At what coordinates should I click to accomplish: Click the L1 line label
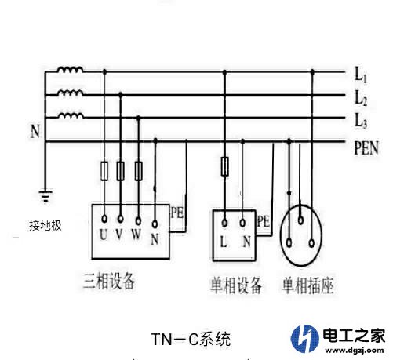tap(361, 75)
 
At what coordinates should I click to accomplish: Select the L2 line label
tap(361, 98)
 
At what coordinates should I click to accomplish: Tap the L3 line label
tap(361, 121)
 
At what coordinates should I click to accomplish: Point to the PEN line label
tap(366, 148)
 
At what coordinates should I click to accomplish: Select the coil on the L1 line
tap(71, 70)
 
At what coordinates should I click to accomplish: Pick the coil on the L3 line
tap(71, 116)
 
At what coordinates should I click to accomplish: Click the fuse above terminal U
tap(104, 171)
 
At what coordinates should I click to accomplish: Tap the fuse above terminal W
tap(138, 171)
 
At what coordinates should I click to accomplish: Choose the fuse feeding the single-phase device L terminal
tap(224, 167)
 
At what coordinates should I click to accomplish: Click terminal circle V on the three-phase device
tap(121, 219)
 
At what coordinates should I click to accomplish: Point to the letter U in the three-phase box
tap(104, 235)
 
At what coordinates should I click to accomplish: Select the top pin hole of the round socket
tap(300, 220)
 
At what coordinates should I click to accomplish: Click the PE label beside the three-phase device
tap(177, 213)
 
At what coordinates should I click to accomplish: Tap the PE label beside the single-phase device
tap(263, 221)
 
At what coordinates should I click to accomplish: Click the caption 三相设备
tap(109, 282)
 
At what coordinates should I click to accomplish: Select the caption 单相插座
tap(307, 285)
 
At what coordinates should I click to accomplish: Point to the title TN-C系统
tap(191, 340)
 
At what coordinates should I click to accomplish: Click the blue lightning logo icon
tap(305, 338)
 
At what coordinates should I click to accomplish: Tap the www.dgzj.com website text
tap(355, 351)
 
